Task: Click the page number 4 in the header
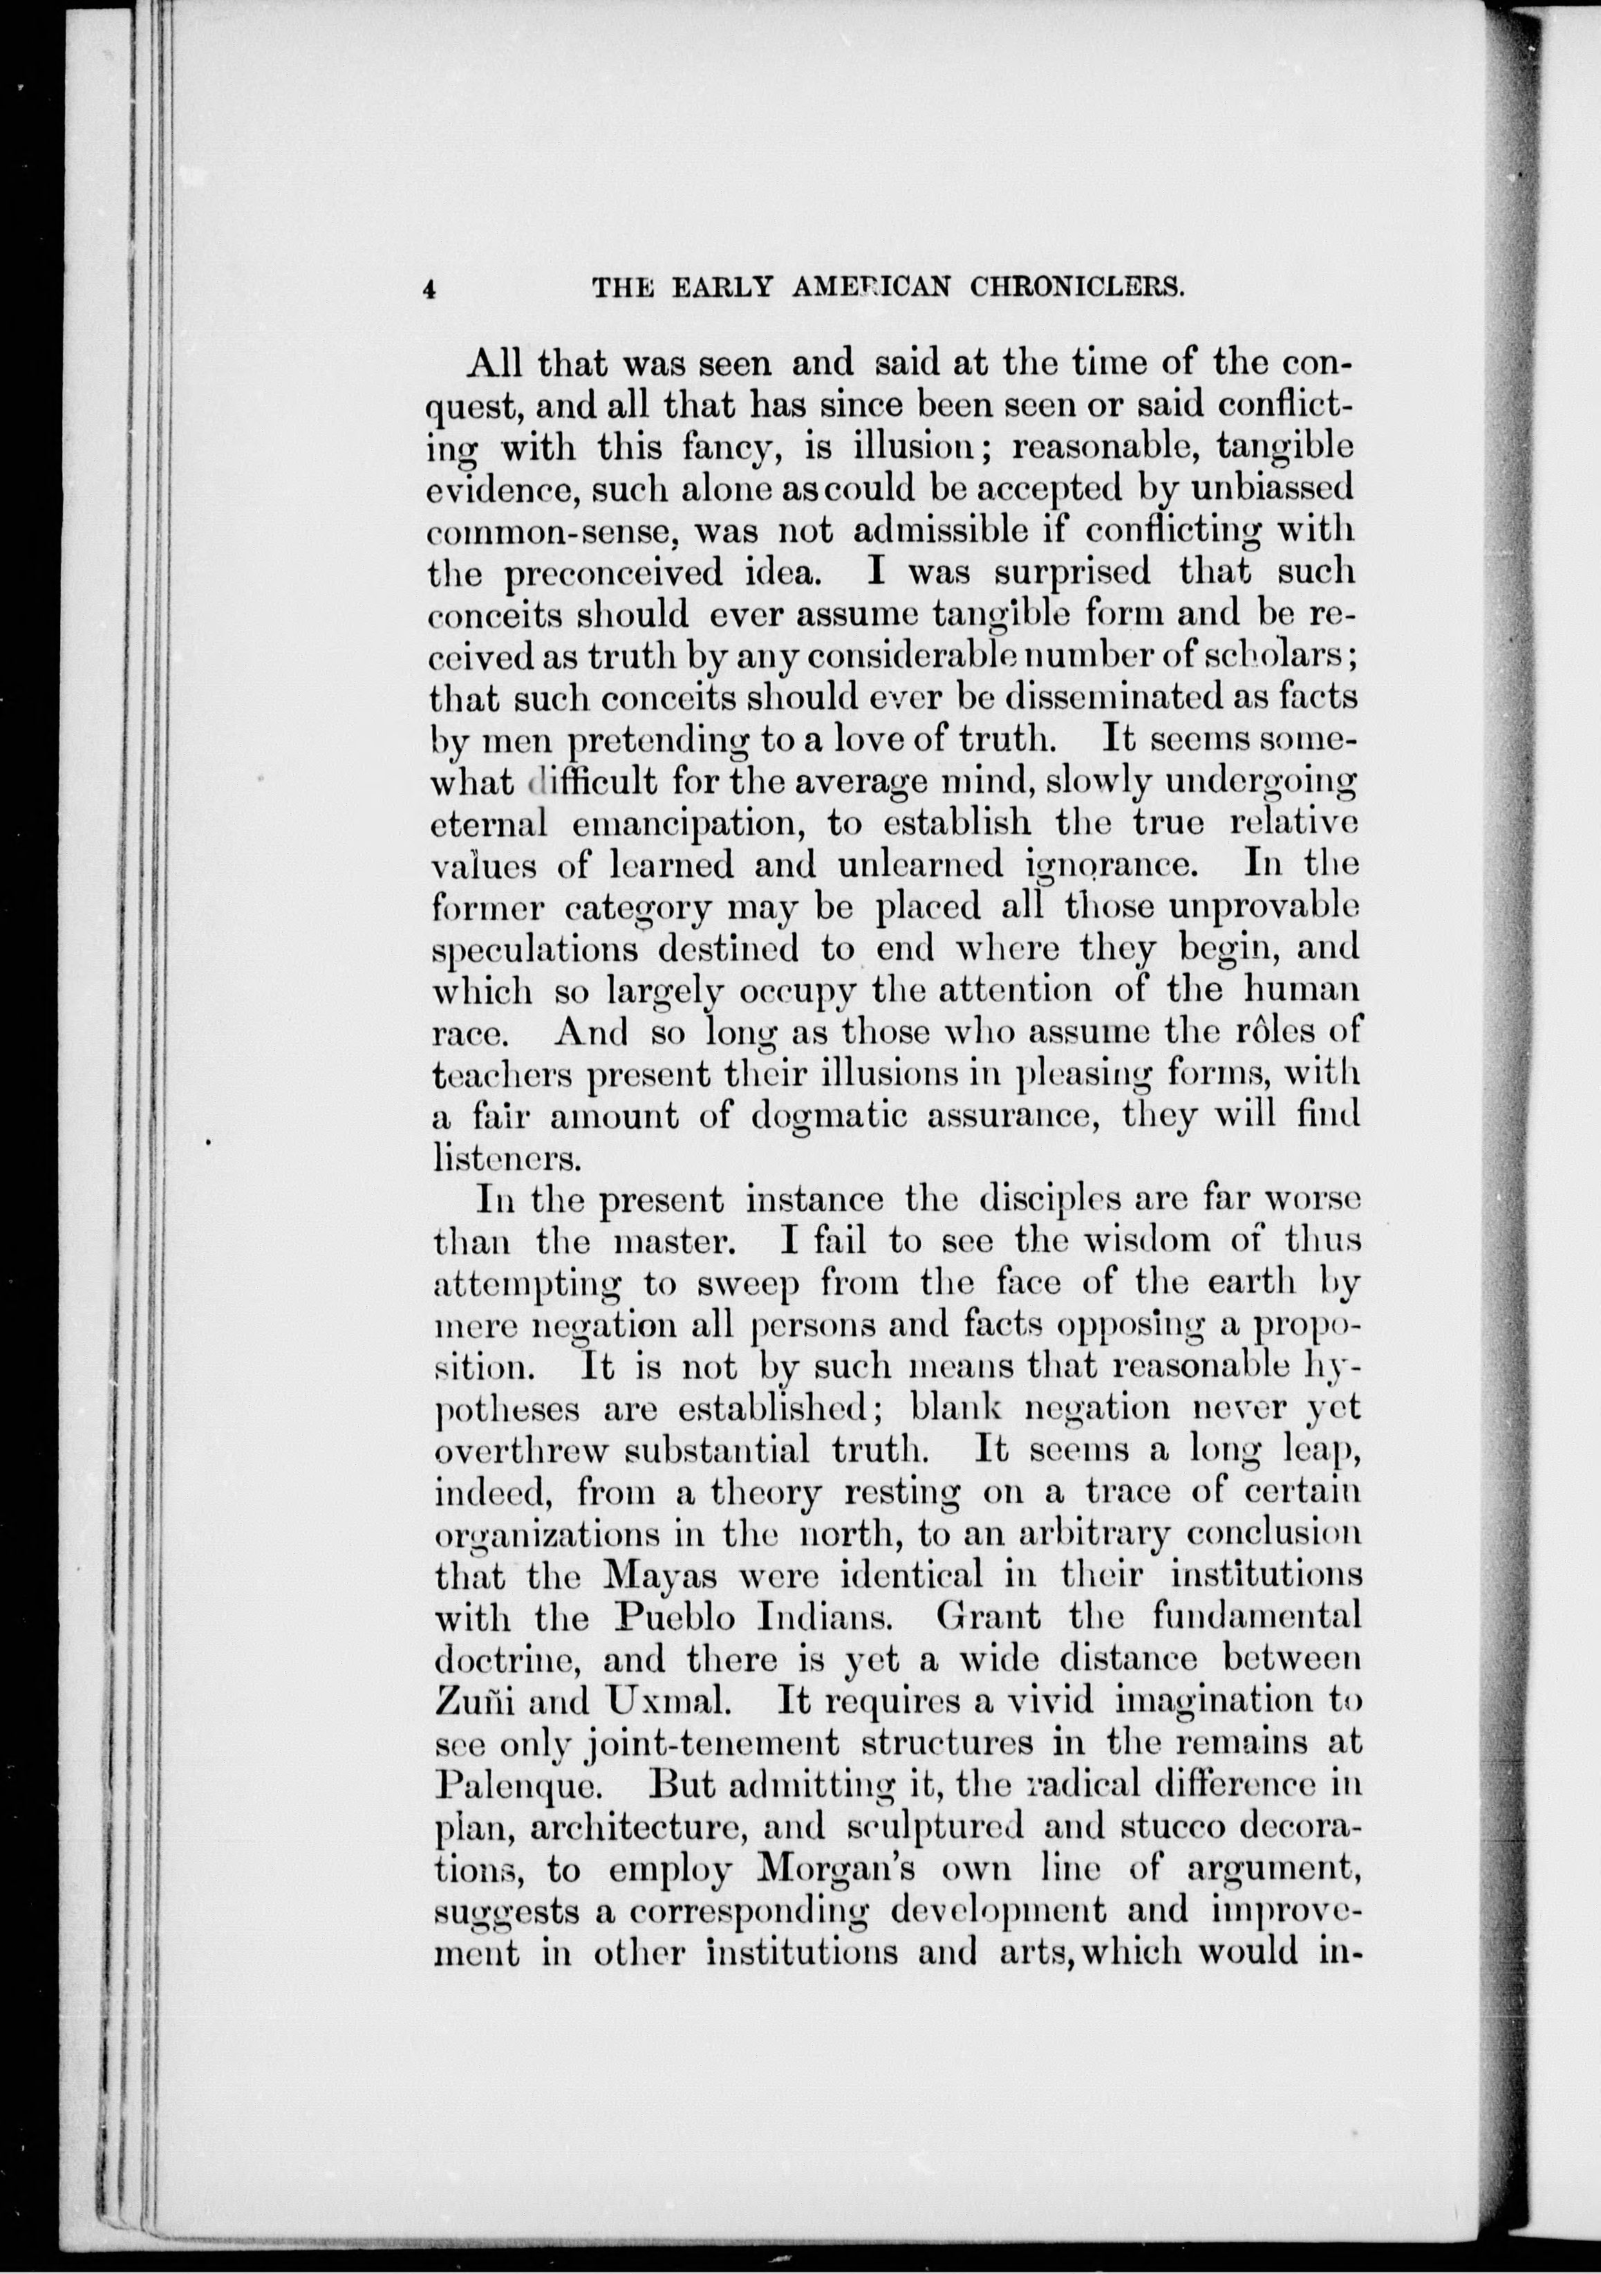tap(429, 289)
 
